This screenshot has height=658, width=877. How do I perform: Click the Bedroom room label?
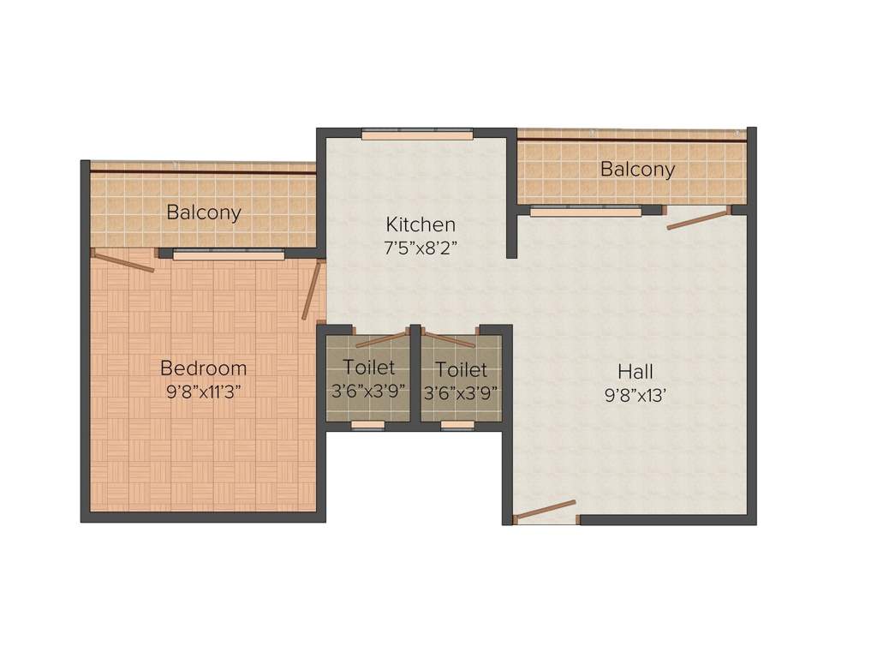click(204, 368)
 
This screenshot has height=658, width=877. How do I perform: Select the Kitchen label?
click(421, 224)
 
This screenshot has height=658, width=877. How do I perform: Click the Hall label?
click(635, 372)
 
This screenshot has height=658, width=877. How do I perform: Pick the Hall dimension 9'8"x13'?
click(635, 396)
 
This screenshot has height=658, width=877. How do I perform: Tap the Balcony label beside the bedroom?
click(204, 212)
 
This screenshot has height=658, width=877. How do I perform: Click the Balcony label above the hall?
click(637, 170)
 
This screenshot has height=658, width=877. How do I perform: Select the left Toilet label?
click(369, 368)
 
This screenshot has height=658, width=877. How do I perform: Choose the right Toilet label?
click(461, 370)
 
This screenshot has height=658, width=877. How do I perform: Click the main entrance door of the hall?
click(546, 511)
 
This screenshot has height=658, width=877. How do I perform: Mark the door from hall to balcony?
click(698, 218)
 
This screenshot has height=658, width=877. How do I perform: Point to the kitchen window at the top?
click(417, 134)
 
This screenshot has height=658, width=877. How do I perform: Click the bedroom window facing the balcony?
click(228, 254)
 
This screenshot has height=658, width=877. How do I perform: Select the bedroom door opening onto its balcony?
click(123, 262)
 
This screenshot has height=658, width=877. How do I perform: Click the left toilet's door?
click(381, 338)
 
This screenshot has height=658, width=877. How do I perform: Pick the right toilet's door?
click(449, 338)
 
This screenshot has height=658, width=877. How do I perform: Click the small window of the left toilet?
click(368, 424)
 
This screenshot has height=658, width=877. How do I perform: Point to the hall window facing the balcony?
click(586, 211)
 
